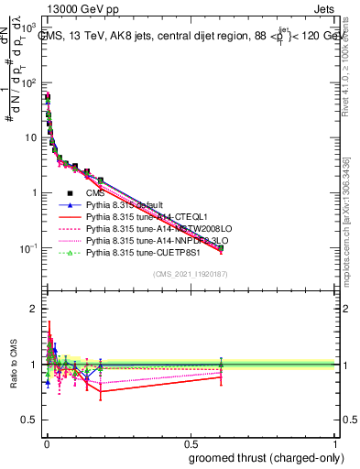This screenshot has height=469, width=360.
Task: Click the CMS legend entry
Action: point(95,193)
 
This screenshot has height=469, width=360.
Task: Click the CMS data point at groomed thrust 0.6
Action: point(221,247)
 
